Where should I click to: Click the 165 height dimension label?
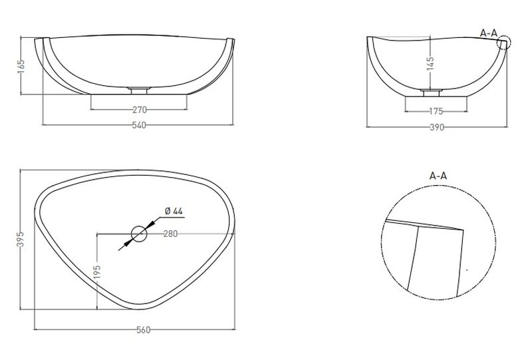[21, 66]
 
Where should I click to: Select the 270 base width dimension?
[140, 110]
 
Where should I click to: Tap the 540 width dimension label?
[139, 125]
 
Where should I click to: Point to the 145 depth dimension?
[430, 63]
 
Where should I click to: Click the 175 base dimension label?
[436, 111]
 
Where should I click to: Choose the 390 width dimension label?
[437, 127]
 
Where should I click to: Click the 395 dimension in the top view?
[21, 239]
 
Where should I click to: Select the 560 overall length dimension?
[143, 330]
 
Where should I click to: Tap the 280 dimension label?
[170, 234]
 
